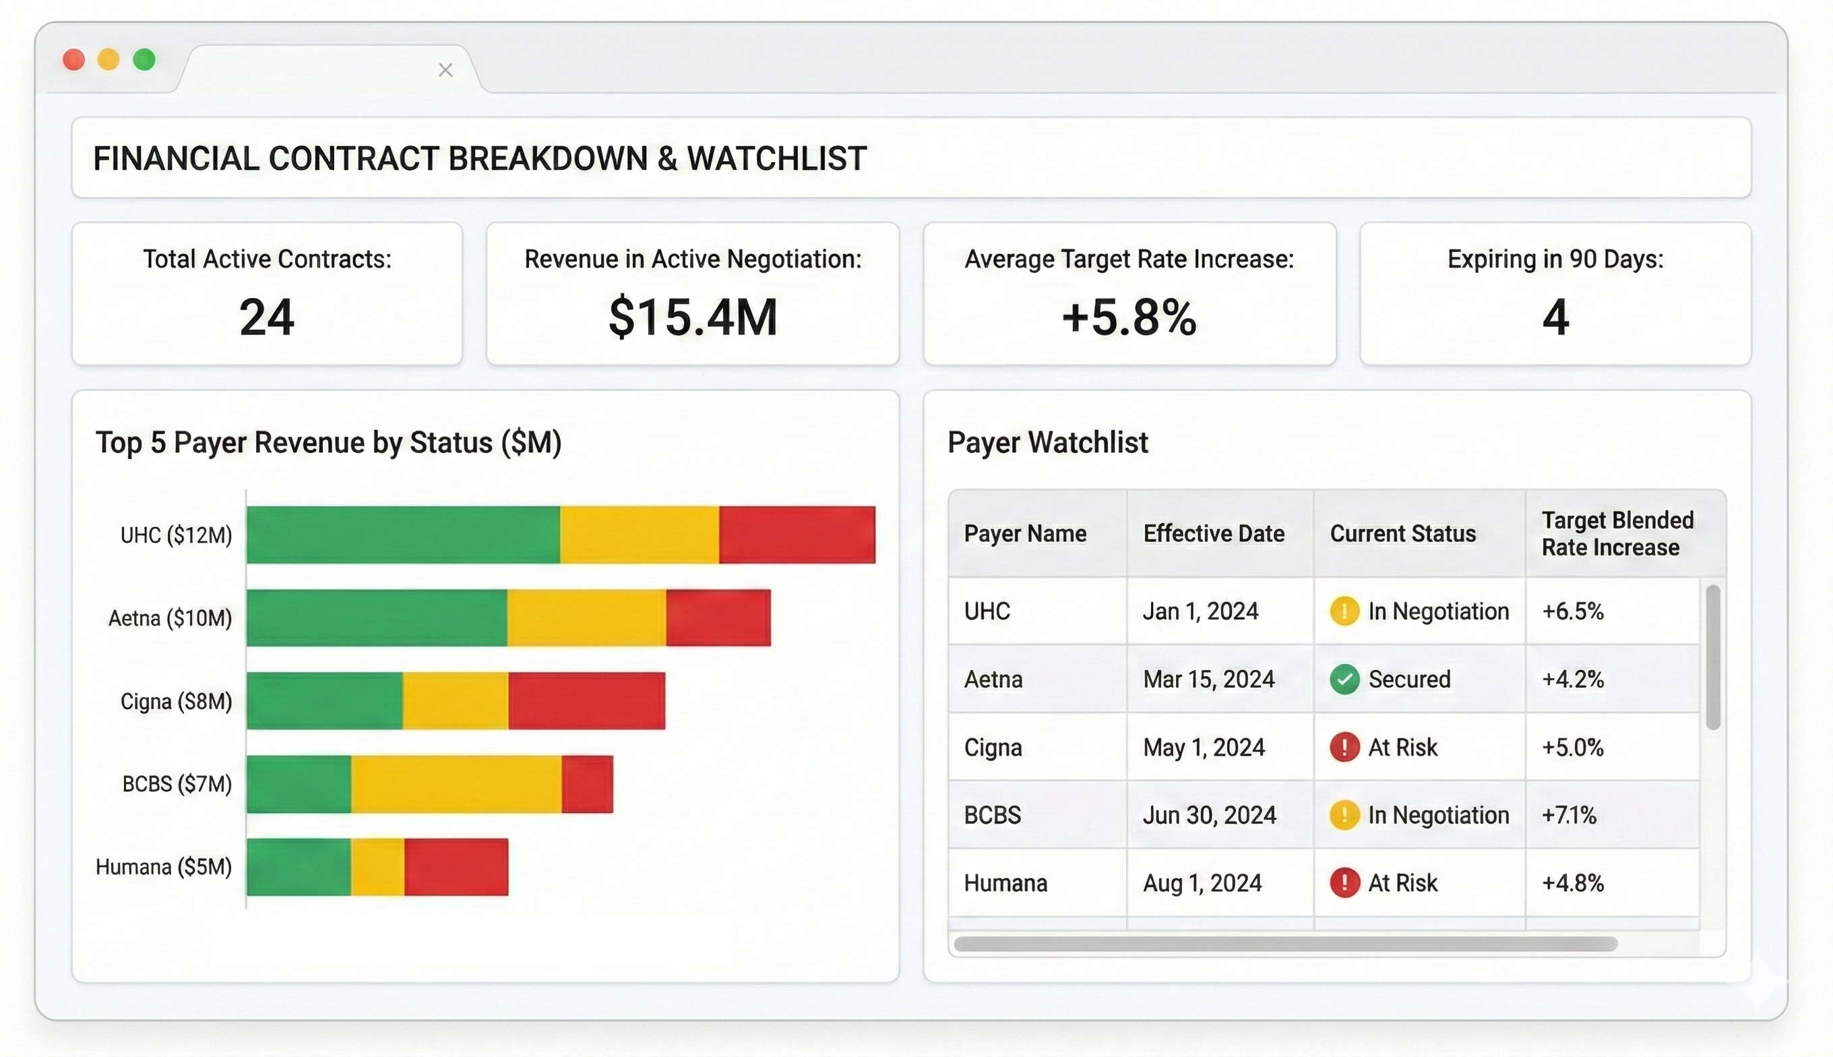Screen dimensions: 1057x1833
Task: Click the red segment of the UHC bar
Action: coord(797,535)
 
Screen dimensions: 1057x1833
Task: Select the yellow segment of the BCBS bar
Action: coord(456,784)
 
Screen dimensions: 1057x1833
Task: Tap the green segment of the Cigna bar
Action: coord(324,700)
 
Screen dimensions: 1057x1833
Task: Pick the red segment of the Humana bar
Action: coord(456,867)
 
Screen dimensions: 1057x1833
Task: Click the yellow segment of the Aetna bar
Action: coord(586,617)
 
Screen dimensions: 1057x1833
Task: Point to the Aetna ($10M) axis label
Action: coord(170,619)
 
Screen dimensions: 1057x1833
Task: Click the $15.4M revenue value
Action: coord(692,318)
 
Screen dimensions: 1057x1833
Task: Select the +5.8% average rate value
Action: coord(1129,318)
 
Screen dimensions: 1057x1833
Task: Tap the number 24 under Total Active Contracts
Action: coord(266,318)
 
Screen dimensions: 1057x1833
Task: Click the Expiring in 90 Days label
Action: coord(1555,259)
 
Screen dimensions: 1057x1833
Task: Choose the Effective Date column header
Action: coord(1213,534)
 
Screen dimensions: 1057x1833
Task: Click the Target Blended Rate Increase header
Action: coord(1617,534)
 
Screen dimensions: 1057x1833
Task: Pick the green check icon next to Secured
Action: coord(1344,679)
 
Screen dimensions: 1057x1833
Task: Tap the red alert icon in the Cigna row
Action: coord(1344,747)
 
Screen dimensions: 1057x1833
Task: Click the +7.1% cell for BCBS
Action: coord(1569,815)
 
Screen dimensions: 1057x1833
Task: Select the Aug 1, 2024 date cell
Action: coord(1202,884)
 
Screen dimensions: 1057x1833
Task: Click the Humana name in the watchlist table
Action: coord(1005,884)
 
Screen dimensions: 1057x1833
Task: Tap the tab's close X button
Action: coord(445,70)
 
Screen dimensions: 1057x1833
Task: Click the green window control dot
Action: coord(144,59)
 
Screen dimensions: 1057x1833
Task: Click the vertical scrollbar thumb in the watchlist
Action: coord(1712,657)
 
